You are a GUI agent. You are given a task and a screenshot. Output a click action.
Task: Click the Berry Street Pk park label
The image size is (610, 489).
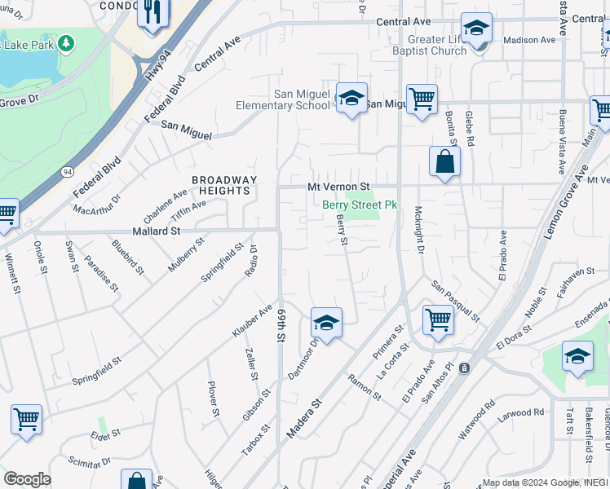pyautogui.click(x=360, y=205)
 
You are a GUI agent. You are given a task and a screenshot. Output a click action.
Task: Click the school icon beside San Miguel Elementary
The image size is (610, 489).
pyautogui.click(x=351, y=99)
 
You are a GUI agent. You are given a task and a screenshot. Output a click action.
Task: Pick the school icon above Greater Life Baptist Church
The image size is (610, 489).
pyautogui.click(x=476, y=29)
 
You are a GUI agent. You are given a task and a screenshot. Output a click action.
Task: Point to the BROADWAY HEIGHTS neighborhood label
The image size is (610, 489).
pyautogui.click(x=224, y=185)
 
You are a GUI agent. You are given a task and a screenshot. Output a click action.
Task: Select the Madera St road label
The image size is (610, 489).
pyautogui.click(x=304, y=421)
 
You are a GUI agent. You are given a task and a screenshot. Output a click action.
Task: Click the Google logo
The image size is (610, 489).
pyautogui.click(x=27, y=479)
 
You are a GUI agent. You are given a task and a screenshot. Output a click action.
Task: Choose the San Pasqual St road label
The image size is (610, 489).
pyautogui.click(x=455, y=299)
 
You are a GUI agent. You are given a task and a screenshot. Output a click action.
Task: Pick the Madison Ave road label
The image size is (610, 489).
pyautogui.click(x=529, y=39)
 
